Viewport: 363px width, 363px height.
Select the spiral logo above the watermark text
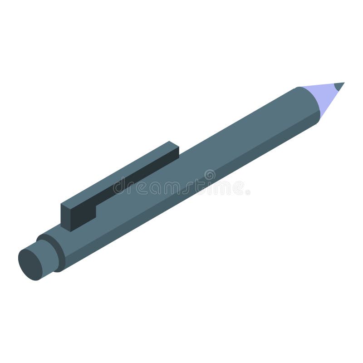(x=210, y=174)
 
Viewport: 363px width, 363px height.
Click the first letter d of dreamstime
(x=119, y=186)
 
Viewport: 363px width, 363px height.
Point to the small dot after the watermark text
(x=248, y=192)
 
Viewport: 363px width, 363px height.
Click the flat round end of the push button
(x=30, y=264)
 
